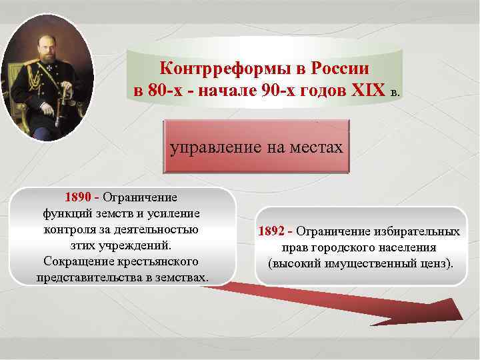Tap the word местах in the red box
(x=316, y=147)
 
